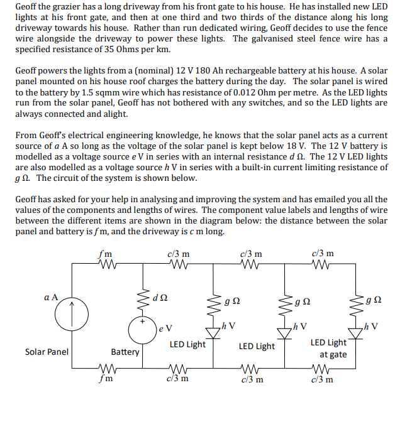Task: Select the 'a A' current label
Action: (x=52, y=296)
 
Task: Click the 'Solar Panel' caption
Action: (x=47, y=352)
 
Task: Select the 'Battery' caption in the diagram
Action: (x=125, y=352)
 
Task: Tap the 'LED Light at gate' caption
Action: (x=328, y=349)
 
